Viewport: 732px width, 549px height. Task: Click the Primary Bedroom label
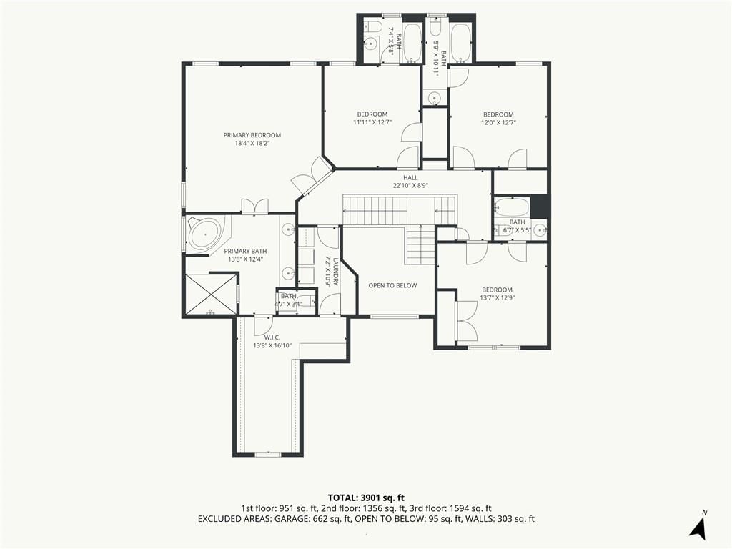pyautogui.click(x=252, y=135)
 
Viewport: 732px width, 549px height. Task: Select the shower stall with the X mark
pyautogui.click(x=212, y=295)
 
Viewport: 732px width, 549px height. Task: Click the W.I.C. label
pyautogui.click(x=272, y=337)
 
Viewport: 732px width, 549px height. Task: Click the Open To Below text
pyautogui.click(x=392, y=285)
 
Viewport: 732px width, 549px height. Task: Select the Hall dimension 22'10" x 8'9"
pyautogui.click(x=411, y=185)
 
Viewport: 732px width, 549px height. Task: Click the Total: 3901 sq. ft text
pyautogui.click(x=366, y=498)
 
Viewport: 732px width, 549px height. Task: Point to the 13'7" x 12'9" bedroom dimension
pyautogui.click(x=498, y=297)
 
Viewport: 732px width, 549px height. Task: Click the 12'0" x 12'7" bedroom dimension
pyautogui.click(x=498, y=123)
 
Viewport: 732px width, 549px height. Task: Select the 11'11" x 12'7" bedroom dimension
pyautogui.click(x=372, y=122)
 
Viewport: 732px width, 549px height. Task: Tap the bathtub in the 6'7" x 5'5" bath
pyautogui.click(x=512, y=207)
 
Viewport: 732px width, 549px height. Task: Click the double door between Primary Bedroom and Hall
pyautogui.click(x=312, y=175)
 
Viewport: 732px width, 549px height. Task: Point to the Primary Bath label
pyautogui.click(x=246, y=251)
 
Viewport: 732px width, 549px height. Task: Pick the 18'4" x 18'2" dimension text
pyautogui.click(x=252, y=143)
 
